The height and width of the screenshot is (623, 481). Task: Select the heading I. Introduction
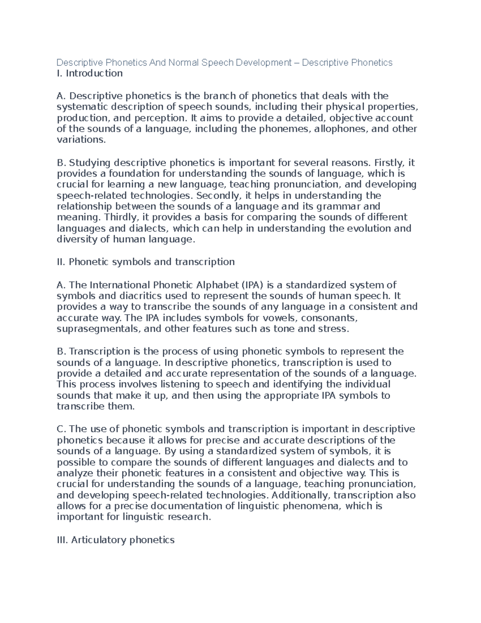(90, 73)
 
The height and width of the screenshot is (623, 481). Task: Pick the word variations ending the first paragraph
(81, 140)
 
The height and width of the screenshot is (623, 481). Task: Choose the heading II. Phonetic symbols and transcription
(146, 262)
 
